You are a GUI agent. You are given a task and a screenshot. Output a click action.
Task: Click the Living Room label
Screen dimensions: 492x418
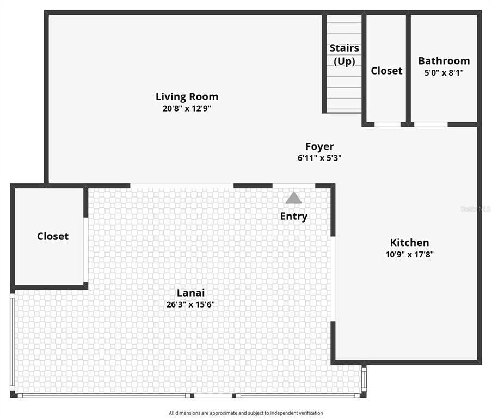tap(187, 97)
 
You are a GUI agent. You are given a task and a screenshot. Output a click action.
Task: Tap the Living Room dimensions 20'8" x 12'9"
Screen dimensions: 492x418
tap(187, 108)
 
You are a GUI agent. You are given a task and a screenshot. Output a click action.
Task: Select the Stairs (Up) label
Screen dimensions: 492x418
tap(344, 54)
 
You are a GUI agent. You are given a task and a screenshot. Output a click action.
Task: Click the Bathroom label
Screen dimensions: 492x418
tap(444, 61)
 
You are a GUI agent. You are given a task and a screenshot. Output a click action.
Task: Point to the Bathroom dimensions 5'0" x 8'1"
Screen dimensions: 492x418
tap(444, 73)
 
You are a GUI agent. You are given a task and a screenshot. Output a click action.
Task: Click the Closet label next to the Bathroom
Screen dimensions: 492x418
tap(386, 71)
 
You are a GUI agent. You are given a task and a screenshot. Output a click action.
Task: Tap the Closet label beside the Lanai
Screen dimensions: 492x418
tap(53, 236)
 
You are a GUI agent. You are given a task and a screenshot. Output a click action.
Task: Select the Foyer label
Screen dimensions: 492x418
tap(319, 147)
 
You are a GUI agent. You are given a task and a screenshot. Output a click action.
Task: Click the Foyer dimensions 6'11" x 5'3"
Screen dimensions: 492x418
tap(319, 158)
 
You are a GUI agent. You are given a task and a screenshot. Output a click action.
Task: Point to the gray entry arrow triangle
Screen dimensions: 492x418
tap(294, 198)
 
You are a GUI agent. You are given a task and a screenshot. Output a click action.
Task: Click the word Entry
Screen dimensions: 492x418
tap(294, 217)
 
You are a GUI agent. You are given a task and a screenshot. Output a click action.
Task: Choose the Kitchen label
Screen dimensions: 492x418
tap(409, 243)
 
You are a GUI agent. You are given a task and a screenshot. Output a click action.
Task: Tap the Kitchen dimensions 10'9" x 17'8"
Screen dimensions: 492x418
tap(409, 255)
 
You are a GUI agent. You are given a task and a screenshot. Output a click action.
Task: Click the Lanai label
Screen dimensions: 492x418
tap(191, 293)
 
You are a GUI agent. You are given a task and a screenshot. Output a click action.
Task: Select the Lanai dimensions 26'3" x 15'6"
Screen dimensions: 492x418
tap(190, 304)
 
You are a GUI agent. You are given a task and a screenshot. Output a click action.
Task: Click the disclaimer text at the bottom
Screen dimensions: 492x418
tap(246, 413)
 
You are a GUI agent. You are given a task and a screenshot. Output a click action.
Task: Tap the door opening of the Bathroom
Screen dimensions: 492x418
tap(431, 125)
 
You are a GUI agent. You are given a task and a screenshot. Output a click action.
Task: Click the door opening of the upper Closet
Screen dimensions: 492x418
tap(388, 125)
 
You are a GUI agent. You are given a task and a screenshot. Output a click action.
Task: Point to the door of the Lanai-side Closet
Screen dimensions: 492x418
tap(85, 250)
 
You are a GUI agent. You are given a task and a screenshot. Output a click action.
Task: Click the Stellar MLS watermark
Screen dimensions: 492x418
tap(476, 209)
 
